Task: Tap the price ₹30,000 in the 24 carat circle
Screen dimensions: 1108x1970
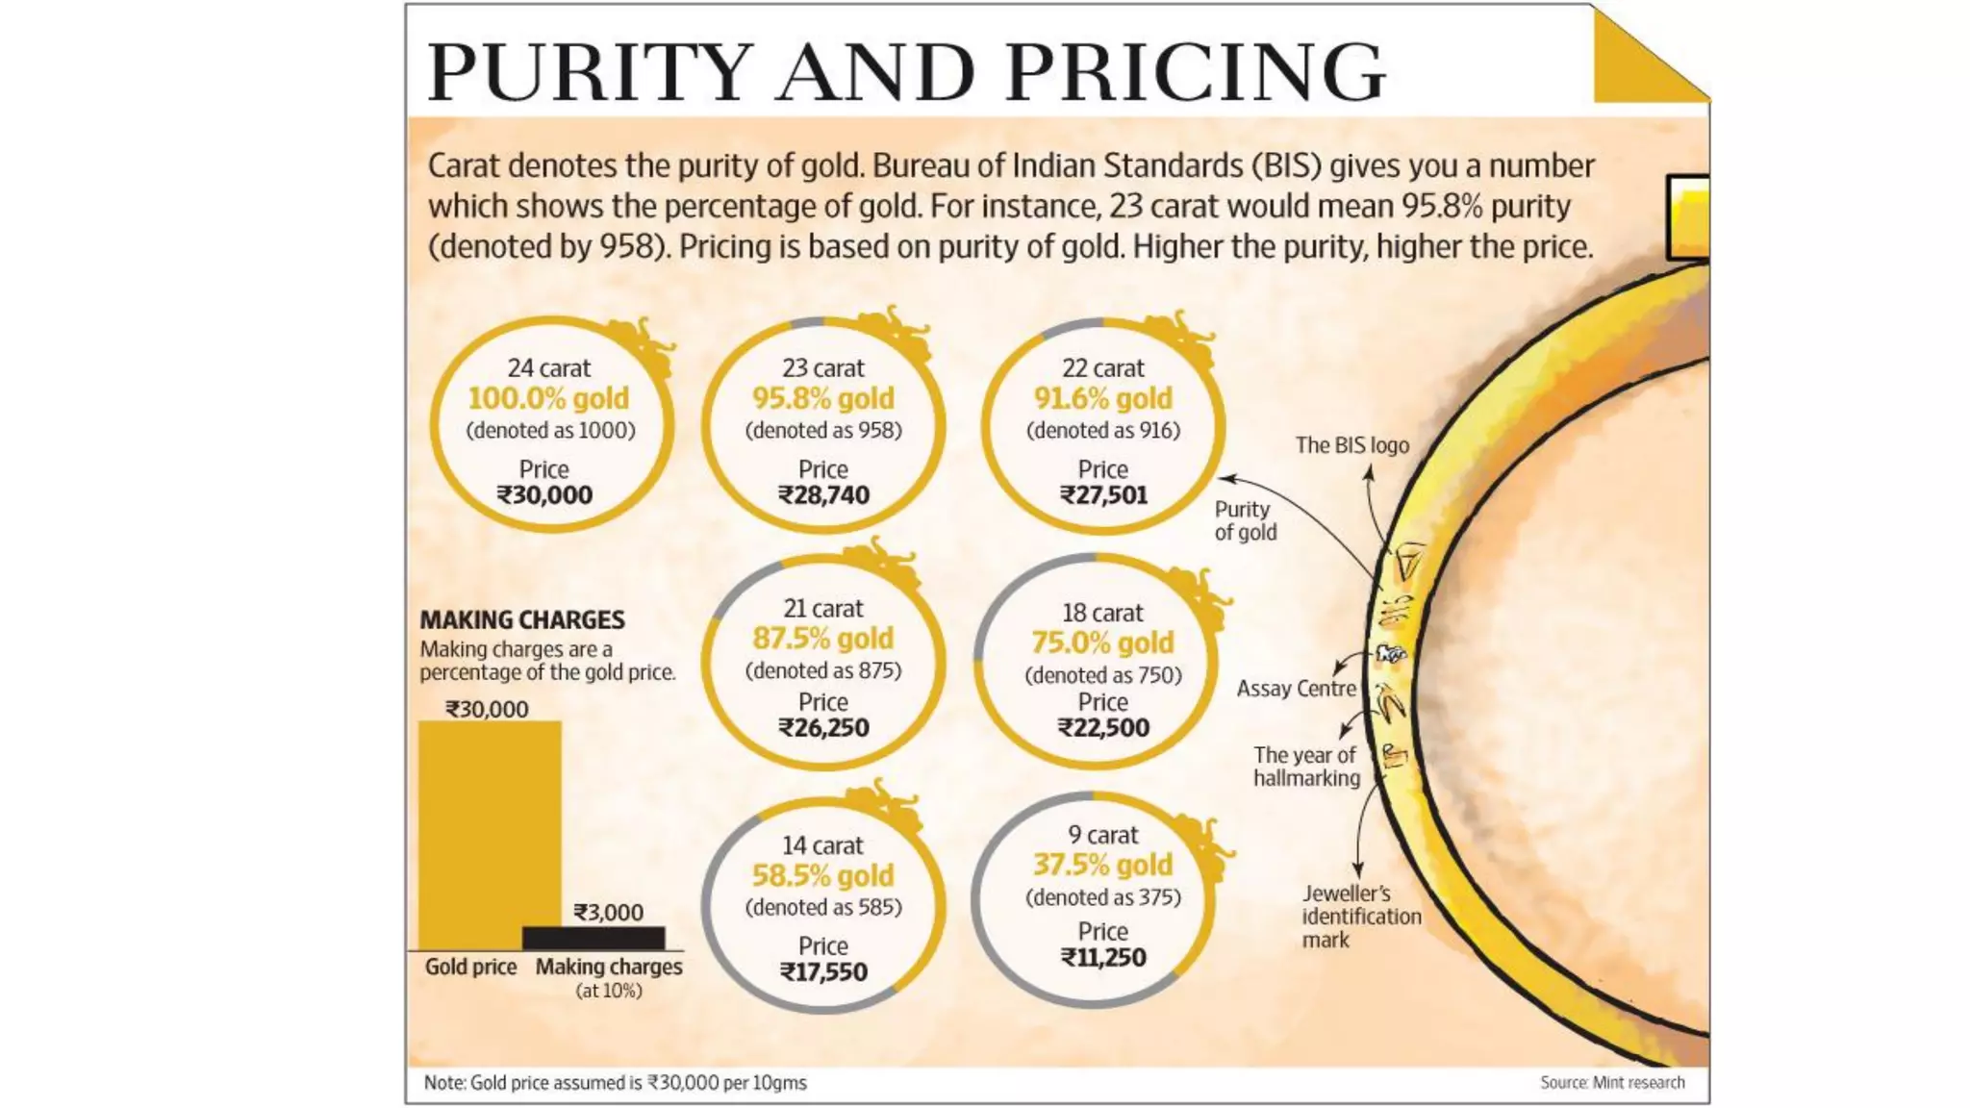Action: [x=544, y=495]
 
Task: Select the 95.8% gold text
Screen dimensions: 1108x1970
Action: [x=822, y=398]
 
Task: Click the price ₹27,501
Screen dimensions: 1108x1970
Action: [x=1103, y=495]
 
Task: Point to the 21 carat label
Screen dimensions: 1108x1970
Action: [x=822, y=609]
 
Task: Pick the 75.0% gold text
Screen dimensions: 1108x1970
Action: [x=1102, y=642]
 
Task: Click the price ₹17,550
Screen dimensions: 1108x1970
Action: [x=823, y=972]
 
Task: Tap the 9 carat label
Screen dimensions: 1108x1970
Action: [x=1102, y=835]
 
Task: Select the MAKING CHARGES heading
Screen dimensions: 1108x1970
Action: [x=522, y=620]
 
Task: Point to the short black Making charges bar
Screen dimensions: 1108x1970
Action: [x=594, y=938]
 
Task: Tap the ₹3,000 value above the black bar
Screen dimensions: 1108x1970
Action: [x=608, y=912]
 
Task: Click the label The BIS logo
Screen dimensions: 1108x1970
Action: [x=1351, y=445]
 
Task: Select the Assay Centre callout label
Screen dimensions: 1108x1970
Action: [x=1296, y=689]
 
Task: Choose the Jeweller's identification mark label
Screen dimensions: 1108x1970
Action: [x=1360, y=917]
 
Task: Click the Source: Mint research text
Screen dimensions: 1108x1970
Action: [x=1612, y=1082]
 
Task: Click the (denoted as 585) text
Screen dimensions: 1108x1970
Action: [x=823, y=907]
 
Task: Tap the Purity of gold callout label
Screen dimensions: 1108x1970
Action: [x=1245, y=520]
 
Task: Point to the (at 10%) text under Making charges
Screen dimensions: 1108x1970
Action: [x=609, y=991]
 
